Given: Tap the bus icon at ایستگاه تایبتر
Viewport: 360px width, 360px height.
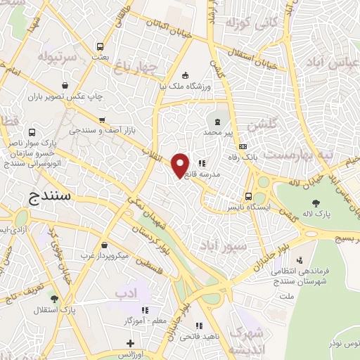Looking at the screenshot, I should tap(248, 196).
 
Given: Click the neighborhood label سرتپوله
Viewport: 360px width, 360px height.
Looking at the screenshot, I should tap(56, 56).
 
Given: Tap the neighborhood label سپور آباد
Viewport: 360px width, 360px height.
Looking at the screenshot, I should tap(222, 246).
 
